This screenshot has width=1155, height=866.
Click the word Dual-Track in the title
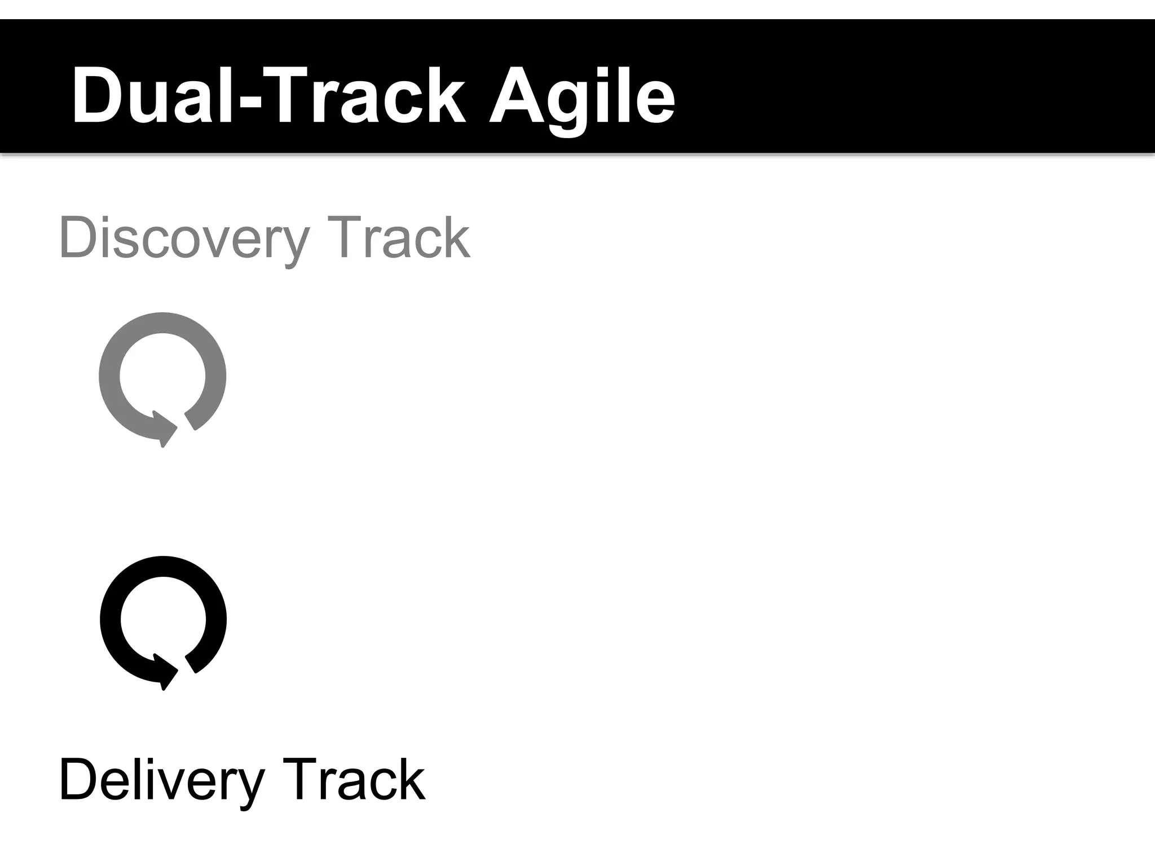(x=268, y=96)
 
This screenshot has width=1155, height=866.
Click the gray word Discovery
(x=184, y=239)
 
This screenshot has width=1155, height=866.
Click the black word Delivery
(x=161, y=781)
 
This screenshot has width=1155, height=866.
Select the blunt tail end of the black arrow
(x=191, y=664)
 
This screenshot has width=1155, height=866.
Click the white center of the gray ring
(x=162, y=375)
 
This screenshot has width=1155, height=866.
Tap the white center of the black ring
(x=163, y=619)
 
